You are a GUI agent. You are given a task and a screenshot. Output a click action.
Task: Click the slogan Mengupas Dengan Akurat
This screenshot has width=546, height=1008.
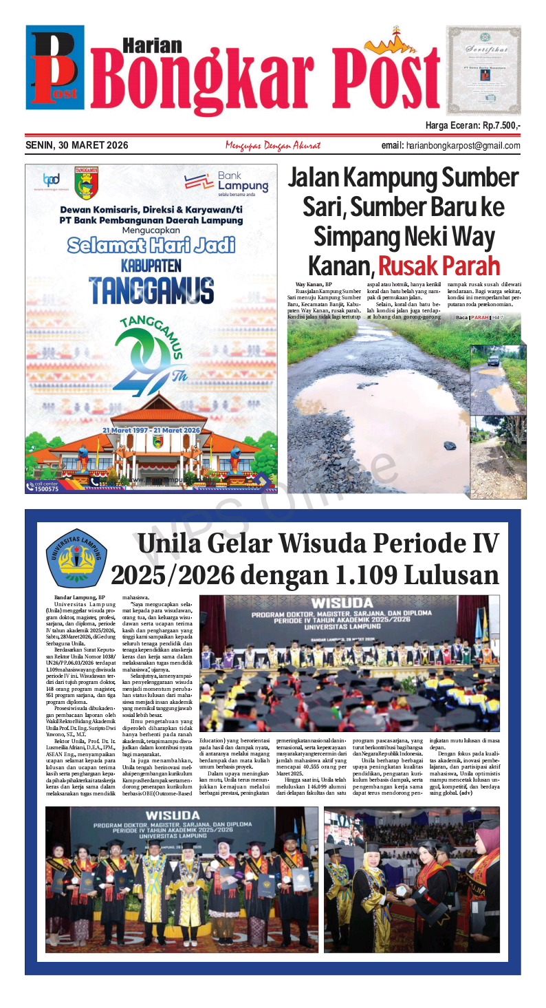tap(272, 145)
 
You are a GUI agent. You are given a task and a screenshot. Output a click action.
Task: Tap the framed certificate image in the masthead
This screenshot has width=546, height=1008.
tap(483, 70)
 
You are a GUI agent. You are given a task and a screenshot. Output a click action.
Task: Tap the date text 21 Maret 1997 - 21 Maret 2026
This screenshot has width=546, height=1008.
tap(151, 430)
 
